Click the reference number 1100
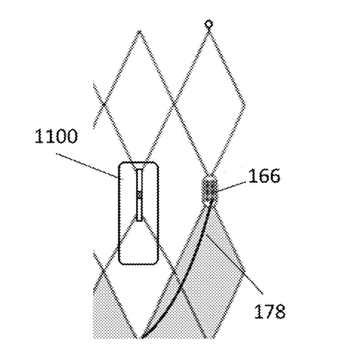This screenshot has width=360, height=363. [x=56, y=136]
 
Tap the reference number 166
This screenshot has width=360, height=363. [x=264, y=175]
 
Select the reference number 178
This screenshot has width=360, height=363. [x=270, y=311]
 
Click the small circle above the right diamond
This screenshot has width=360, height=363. [x=209, y=24]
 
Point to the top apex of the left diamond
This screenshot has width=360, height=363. [x=140, y=31]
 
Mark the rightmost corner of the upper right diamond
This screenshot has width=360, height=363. [x=245, y=104]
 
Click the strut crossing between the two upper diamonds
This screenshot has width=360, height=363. [x=174, y=104]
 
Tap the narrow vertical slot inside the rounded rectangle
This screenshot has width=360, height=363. [x=140, y=194]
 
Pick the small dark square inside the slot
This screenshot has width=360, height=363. [x=140, y=194]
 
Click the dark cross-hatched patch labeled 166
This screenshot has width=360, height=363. [x=210, y=189]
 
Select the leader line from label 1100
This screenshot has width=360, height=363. [x=87, y=165]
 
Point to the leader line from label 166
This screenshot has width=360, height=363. [x=232, y=186]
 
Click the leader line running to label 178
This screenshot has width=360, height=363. [x=234, y=265]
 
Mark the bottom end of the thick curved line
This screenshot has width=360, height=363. [x=142, y=338]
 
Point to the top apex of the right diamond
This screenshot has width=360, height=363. [x=209, y=34]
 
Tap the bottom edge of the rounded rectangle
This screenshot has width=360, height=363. [x=139, y=264]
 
